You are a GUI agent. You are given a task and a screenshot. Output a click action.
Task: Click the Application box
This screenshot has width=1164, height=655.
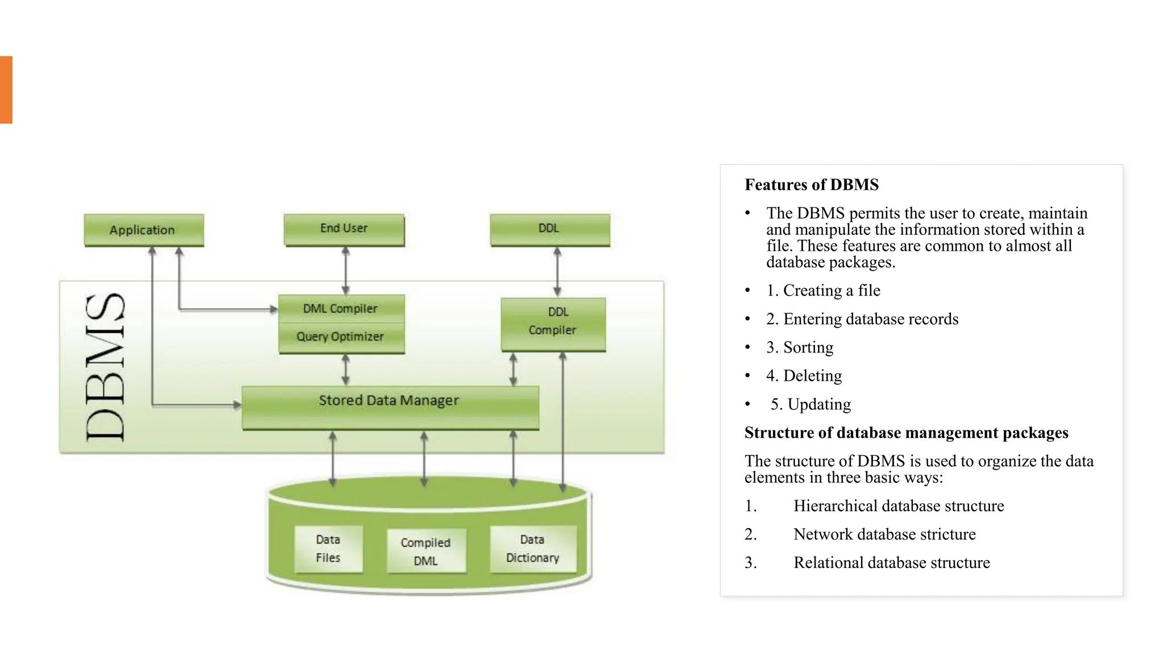pyautogui.click(x=143, y=230)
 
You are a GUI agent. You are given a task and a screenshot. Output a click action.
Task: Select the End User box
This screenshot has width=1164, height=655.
pyautogui.click(x=344, y=229)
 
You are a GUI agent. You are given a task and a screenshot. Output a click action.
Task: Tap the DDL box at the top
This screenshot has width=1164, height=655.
pyautogui.click(x=550, y=229)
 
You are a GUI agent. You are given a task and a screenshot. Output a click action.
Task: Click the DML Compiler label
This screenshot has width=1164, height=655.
pyautogui.click(x=340, y=309)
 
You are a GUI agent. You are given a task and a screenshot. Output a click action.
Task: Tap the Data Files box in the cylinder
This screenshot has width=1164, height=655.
pyautogui.click(x=329, y=549)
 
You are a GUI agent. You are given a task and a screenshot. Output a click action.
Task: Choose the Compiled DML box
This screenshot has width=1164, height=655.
pyautogui.click(x=426, y=551)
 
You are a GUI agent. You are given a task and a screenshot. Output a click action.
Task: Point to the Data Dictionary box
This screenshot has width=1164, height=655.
pyautogui.click(x=533, y=549)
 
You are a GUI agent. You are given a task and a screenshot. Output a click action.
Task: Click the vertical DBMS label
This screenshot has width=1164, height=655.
pyautogui.click(x=106, y=367)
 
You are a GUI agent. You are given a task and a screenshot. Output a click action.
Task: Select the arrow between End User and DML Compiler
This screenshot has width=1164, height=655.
pyautogui.click(x=345, y=271)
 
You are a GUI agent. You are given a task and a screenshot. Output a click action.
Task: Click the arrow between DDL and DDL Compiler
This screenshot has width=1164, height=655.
pyautogui.click(x=557, y=272)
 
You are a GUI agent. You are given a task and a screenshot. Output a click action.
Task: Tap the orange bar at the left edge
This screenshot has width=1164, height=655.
pyautogui.click(x=6, y=89)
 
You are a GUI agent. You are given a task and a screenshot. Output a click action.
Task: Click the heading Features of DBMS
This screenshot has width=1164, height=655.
pyautogui.click(x=811, y=185)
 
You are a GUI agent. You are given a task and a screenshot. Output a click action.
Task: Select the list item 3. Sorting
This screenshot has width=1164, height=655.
pyautogui.click(x=799, y=347)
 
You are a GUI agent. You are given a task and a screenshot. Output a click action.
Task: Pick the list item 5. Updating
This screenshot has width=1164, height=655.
pyautogui.click(x=810, y=404)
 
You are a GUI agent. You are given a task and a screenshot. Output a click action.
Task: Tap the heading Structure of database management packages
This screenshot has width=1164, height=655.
pyautogui.click(x=906, y=433)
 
